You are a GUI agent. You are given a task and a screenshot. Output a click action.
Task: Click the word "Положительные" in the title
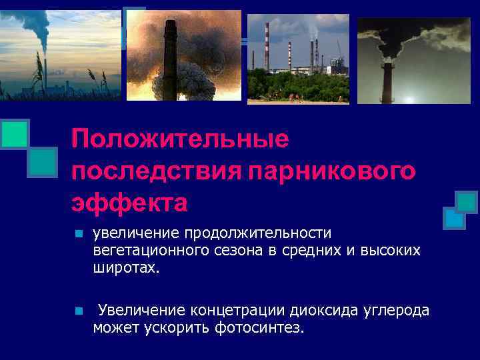[x=180, y=139]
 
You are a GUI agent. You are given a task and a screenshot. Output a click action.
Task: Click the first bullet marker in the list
[x=77, y=235]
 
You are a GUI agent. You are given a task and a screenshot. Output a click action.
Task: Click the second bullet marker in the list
[x=77, y=311]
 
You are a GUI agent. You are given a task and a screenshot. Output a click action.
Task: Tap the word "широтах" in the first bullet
[x=126, y=267]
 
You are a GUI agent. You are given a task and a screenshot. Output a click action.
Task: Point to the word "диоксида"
[x=325, y=310]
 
